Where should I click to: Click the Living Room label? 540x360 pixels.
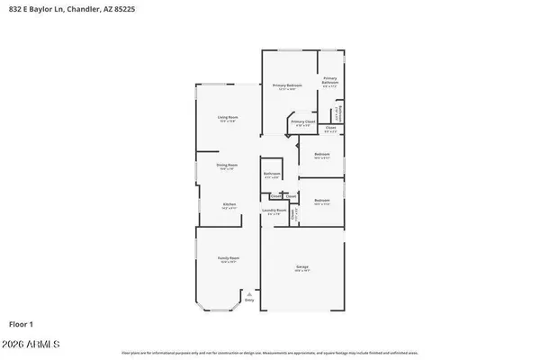point(227,118)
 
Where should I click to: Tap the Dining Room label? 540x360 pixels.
point(227,165)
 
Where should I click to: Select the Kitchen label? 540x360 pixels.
point(229,204)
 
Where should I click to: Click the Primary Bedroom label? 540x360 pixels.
point(287,85)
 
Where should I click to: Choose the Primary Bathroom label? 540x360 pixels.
point(330,80)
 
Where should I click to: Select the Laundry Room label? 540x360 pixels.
point(274,211)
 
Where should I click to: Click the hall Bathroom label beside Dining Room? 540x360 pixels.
point(272,174)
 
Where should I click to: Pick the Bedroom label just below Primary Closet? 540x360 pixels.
point(322,155)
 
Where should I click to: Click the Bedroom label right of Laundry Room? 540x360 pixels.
point(322,201)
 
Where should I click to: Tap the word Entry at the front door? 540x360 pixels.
point(250,299)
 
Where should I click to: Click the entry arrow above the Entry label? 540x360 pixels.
point(250,292)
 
